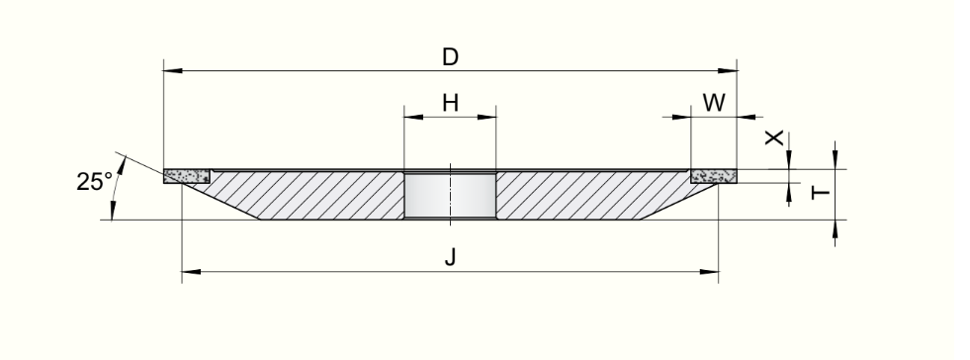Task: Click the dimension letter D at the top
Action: coord(450,57)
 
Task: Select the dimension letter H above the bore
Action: coord(450,103)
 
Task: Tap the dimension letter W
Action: coord(714,103)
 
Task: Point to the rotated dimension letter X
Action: coord(774,137)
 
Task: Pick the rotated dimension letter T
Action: coord(821,193)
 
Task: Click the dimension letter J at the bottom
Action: coord(450,257)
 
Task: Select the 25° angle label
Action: coord(95,182)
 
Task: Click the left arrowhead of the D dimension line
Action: coord(173,70)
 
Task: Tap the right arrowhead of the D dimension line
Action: coord(728,70)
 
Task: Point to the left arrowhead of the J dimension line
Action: coord(191,272)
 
